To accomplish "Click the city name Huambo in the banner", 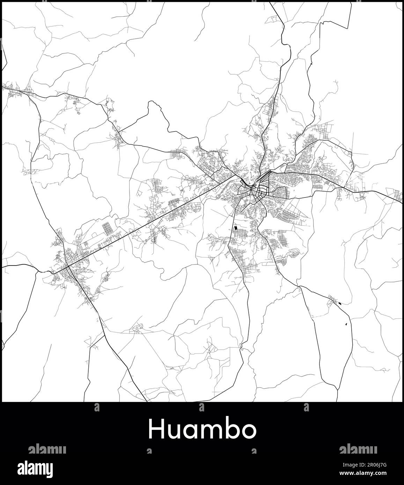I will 202,430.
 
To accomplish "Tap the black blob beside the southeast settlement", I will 340,303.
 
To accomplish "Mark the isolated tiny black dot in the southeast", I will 346,324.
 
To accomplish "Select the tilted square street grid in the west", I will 109,229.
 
